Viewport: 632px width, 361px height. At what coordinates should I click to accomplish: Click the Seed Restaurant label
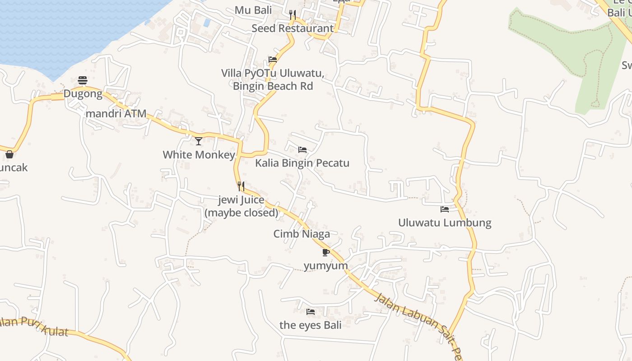click(293, 28)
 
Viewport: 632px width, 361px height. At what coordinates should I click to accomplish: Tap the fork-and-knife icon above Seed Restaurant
click(293, 15)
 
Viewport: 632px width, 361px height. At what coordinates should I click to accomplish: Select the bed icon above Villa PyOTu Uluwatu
click(273, 59)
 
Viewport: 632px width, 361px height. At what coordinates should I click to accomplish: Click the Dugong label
click(83, 94)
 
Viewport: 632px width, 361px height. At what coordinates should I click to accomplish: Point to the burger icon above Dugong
click(83, 80)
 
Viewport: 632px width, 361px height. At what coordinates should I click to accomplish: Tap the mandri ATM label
click(116, 113)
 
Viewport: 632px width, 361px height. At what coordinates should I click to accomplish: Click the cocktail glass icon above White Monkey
click(199, 141)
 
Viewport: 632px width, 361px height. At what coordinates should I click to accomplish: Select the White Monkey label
click(199, 155)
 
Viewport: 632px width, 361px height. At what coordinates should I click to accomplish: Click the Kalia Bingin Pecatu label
click(302, 163)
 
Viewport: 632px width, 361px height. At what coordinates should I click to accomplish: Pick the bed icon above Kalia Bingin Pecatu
click(302, 149)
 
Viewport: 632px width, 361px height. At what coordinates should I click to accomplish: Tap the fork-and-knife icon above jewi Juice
click(241, 186)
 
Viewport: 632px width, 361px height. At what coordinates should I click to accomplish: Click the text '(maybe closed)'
click(242, 213)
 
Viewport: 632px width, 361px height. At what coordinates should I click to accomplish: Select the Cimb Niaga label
click(302, 234)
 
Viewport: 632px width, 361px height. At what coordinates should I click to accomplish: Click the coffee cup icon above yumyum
click(326, 252)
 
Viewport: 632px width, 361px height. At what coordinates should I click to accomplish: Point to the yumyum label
click(325, 265)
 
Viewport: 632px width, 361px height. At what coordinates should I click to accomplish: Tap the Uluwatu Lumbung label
click(445, 222)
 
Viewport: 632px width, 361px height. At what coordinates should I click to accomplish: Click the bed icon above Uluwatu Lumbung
click(445, 209)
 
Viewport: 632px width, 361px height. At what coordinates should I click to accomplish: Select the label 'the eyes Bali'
click(310, 325)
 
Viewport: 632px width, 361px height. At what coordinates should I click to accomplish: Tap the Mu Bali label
click(253, 10)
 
